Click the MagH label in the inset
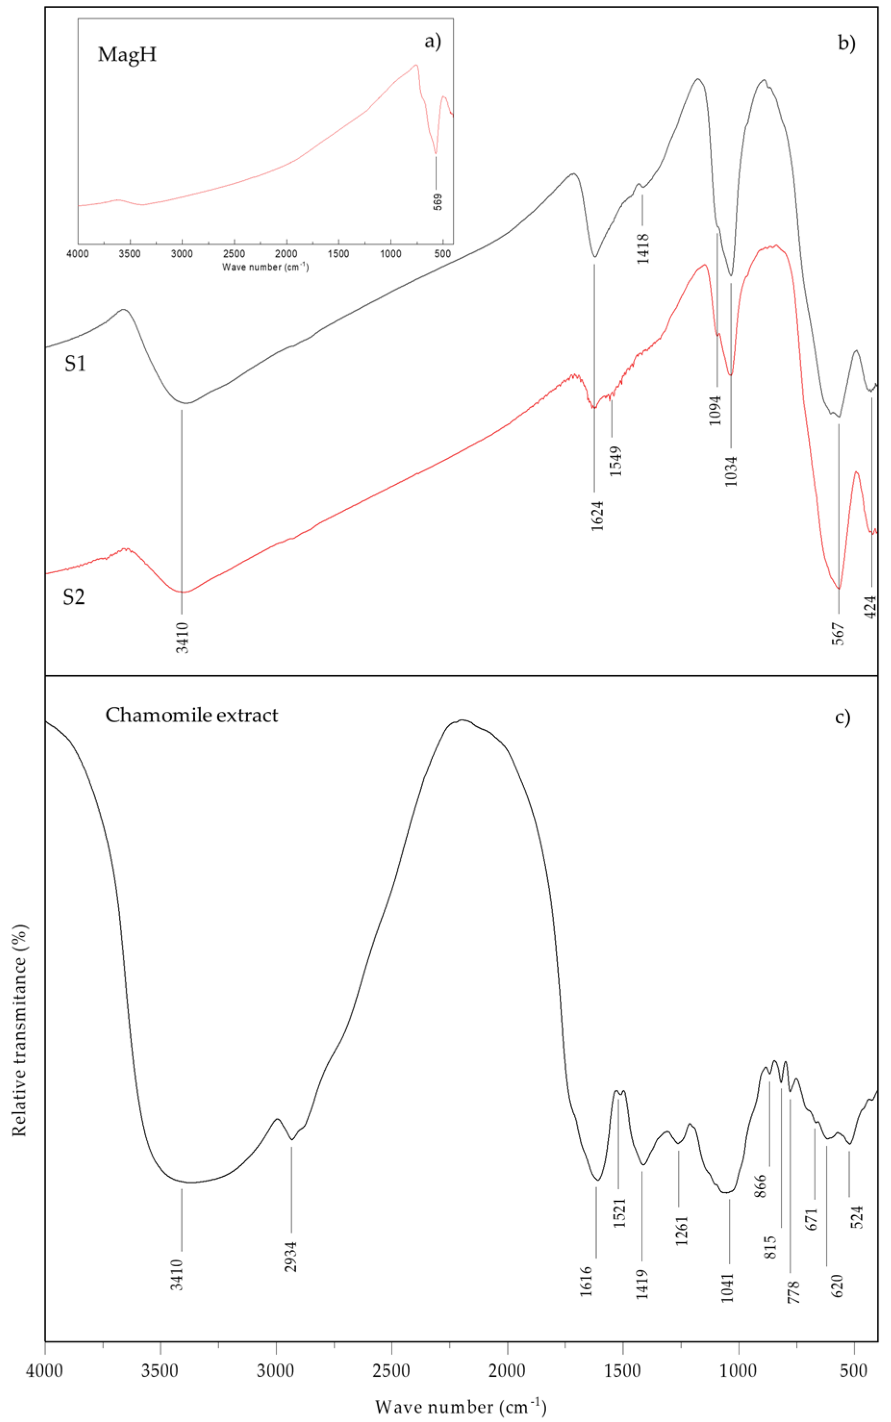(126, 55)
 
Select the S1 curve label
(75, 364)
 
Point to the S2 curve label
(74, 597)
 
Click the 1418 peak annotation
(643, 248)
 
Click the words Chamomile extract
(191, 715)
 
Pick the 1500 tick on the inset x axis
(338, 254)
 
